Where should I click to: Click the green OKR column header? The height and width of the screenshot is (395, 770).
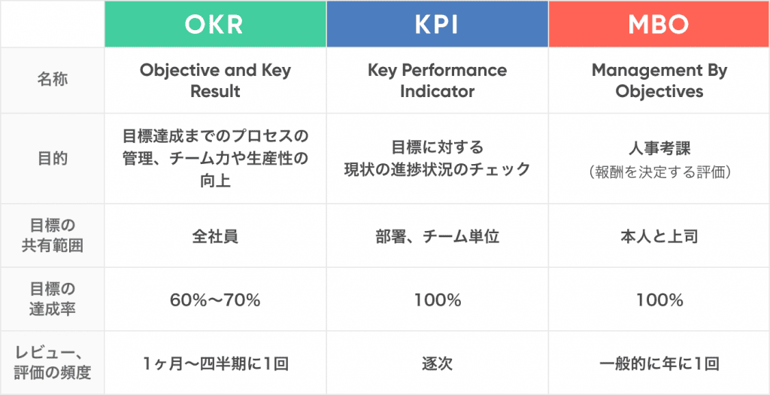click(x=215, y=23)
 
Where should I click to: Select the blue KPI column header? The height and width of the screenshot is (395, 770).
click(x=437, y=23)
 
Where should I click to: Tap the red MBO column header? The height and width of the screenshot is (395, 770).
click(x=659, y=23)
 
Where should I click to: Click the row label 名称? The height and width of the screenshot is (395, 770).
click(x=52, y=79)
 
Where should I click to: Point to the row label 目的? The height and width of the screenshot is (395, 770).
click(x=52, y=158)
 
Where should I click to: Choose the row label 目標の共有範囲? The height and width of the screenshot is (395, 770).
click(x=52, y=235)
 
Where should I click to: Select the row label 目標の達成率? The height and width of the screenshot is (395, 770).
click(x=52, y=299)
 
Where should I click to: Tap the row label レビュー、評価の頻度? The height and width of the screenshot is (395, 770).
click(x=52, y=363)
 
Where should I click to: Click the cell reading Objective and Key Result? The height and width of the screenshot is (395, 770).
click(x=215, y=81)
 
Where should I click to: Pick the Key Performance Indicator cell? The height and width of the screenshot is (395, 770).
click(x=437, y=81)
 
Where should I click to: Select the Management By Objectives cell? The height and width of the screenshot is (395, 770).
click(x=659, y=81)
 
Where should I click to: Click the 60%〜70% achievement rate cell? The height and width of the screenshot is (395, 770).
click(x=215, y=300)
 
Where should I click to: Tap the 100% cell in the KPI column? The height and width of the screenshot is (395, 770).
click(x=437, y=300)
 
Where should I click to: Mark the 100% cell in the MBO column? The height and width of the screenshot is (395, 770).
click(x=659, y=300)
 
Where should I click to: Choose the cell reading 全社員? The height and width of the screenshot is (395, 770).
click(x=215, y=236)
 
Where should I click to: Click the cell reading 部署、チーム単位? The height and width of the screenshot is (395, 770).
click(x=437, y=236)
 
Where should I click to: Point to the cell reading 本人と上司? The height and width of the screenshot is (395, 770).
click(x=659, y=236)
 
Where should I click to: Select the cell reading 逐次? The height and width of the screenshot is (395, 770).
click(x=437, y=363)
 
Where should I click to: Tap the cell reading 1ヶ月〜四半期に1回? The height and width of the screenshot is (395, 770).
click(x=215, y=363)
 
